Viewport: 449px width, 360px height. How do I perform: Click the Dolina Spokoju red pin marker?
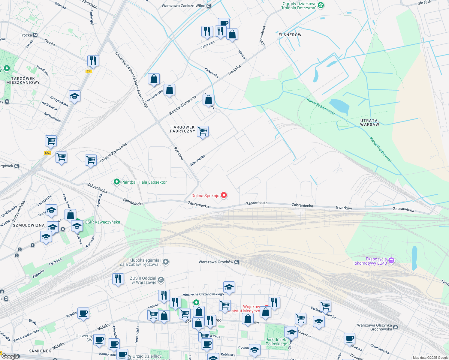tap(224, 195)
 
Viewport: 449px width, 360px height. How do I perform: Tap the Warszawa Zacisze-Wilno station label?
tap(183, 6)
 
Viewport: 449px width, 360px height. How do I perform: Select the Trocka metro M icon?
tap(35, 35)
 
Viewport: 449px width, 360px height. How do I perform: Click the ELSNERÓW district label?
tap(290, 35)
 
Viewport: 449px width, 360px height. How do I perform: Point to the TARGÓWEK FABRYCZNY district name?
tap(182, 129)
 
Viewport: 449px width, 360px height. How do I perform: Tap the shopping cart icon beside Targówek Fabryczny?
tap(203, 131)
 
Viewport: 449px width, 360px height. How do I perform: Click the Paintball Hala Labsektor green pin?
tap(116, 182)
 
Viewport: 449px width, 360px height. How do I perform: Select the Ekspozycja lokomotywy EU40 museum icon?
tap(391, 260)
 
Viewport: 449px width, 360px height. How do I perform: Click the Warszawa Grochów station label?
tap(216, 262)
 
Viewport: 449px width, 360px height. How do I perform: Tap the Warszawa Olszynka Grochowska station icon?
tap(396, 327)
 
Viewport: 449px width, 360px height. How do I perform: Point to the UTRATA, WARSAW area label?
tap(369, 122)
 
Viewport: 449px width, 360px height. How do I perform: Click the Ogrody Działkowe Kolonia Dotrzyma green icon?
tap(321, 5)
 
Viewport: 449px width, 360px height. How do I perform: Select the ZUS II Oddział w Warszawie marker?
tap(161, 280)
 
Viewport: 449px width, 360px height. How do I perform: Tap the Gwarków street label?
tap(344, 208)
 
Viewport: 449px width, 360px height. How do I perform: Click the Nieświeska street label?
tap(198, 160)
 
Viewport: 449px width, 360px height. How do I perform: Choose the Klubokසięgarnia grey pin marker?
tap(166, 262)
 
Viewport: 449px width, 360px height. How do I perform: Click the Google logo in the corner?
tap(10, 356)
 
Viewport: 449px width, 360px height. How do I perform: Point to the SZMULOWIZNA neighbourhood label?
tap(29, 225)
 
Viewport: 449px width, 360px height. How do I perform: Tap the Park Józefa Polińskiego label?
tap(276, 342)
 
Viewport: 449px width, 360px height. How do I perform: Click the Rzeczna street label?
tap(179, 153)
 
